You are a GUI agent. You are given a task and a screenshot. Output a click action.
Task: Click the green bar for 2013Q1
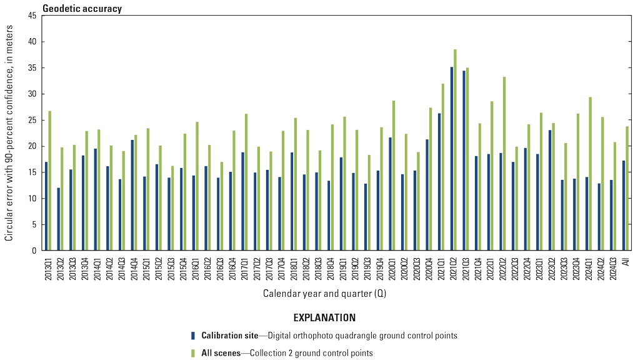click(50, 181)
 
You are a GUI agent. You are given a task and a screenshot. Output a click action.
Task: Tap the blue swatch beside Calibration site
click(193, 335)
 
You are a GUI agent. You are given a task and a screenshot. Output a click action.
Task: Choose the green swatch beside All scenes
click(193, 352)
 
